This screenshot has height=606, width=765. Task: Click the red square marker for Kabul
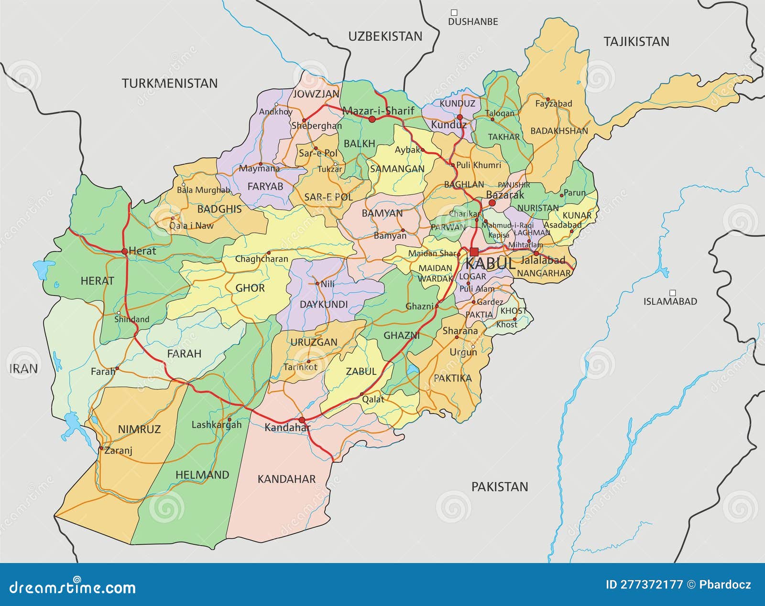coord(474,252)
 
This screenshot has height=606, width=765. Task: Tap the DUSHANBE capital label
coord(473,21)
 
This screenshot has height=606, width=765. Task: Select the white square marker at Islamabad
coord(672,293)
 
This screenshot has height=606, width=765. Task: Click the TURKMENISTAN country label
coord(169,84)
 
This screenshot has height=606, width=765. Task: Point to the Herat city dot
coord(124,251)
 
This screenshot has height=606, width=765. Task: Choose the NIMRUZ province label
coord(139,429)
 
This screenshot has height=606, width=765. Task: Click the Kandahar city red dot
coord(302,420)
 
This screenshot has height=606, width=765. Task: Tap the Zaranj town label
coord(118,450)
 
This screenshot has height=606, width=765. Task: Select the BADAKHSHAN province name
coord(559,131)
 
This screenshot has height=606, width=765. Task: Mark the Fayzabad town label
coord(553,104)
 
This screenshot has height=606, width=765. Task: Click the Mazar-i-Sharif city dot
coord(372,118)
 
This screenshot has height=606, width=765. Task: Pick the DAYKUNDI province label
coord(324,304)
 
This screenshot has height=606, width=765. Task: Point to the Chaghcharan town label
coord(262,259)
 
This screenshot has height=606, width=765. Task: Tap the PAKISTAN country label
coord(500,487)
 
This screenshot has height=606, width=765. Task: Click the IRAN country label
coord(23,368)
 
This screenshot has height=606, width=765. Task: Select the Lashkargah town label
coord(217,425)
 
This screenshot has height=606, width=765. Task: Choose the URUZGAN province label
coord(314,342)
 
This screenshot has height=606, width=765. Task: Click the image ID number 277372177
coord(644,585)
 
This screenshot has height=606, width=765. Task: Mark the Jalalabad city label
coord(543,261)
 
